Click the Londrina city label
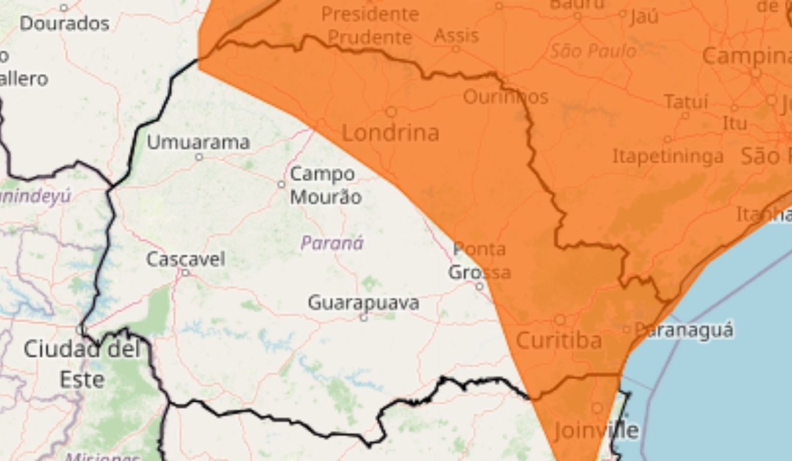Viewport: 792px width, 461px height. coord(390,133)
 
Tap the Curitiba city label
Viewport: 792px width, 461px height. coord(559,341)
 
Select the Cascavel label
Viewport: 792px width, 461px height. coord(186,259)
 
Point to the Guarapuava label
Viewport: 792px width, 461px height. coord(364,303)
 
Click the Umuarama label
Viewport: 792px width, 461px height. coord(199,143)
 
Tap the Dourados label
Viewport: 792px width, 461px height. coord(65,24)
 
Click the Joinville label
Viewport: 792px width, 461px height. coord(596,430)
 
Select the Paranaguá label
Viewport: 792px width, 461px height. coord(684,330)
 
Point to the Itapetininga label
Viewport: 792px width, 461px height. coord(668,157)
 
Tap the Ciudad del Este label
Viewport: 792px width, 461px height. coord(82,364)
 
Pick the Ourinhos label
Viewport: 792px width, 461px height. coord(506,96)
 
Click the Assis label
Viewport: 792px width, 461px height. coord(457,35)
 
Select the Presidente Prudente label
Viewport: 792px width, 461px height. coord(370,25)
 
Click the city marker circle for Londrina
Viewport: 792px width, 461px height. coord(391,112)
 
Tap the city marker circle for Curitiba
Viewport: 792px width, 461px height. coord(560,320)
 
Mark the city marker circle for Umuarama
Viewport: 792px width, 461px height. coord(199,157)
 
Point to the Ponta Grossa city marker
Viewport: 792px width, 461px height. coord(479,286)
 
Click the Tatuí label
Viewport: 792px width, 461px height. coord(686,102)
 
